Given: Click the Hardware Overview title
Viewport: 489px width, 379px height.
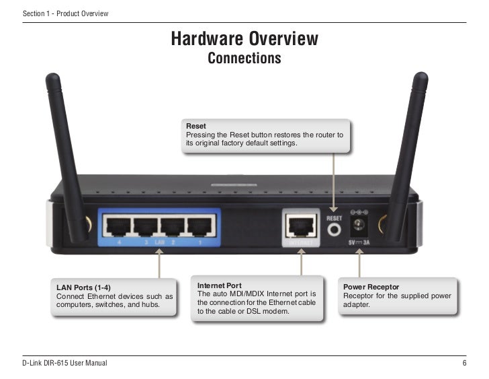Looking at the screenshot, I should point(244,39).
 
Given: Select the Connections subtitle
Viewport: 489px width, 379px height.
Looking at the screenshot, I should point(244,59).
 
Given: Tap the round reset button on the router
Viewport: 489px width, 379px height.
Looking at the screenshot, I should point(335,230).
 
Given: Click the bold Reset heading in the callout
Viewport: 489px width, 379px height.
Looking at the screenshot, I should point(196,126).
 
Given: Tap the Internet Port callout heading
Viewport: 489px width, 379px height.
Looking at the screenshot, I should point(220,285).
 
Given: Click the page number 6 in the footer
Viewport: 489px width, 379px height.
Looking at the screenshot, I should point(464,364).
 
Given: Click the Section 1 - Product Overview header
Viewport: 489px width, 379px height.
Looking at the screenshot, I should point(65,14).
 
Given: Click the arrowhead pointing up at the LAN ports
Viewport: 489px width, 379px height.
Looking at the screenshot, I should point(159,252).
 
